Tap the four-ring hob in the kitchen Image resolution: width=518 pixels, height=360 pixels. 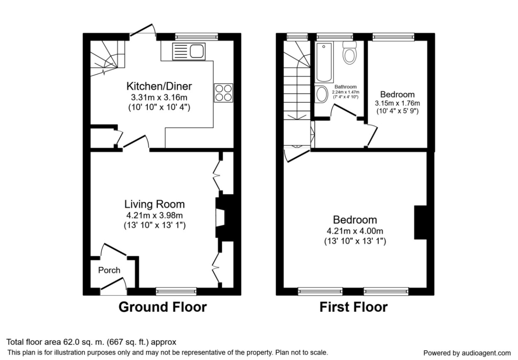pos(223,92)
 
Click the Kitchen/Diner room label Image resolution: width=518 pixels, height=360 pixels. pos(159,86)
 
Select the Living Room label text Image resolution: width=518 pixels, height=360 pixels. pos(155,204)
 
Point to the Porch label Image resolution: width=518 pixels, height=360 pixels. pos(109,270)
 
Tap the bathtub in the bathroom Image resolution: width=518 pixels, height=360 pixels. pos(324,62)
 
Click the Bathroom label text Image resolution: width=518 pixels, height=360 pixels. pos(346,86)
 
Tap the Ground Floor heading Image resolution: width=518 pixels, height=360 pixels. pos(162,307)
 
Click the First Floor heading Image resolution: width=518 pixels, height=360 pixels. pos(353,307)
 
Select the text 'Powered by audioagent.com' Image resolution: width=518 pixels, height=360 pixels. pos(467,353)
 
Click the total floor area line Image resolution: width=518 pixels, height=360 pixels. pos(91,343)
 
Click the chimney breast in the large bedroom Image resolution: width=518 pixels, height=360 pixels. pos(420,222)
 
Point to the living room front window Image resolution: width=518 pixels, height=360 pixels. pos(176,291)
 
